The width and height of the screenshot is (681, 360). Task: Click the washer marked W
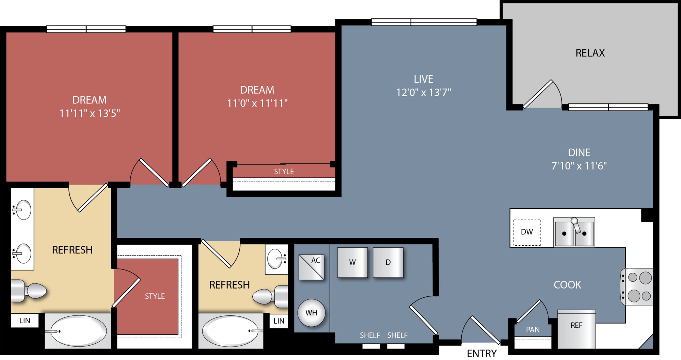point(352,262)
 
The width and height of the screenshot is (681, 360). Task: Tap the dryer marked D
point(388,262)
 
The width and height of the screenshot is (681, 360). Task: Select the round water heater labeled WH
point(311,313)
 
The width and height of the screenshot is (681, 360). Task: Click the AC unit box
point(311,267)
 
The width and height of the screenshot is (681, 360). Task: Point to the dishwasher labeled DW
point(527,232)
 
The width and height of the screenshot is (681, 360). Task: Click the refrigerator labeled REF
point(576,329)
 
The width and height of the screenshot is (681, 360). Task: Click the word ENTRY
point(482,354)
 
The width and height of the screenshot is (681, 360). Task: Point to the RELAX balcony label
point(590,53)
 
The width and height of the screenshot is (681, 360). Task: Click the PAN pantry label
point(533,330)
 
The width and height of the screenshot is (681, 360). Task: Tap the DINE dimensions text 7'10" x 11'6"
point(579,166)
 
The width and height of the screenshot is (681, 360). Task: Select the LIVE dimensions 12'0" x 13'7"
point(424,93)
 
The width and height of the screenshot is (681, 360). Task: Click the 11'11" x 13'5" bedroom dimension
point(90,113)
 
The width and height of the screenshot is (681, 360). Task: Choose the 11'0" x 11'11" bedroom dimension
point(257,103)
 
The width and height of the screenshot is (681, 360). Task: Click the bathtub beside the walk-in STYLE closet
point(78,331)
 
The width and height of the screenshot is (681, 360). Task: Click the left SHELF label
point(370,336)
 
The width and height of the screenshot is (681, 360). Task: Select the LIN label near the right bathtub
point(279,321)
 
